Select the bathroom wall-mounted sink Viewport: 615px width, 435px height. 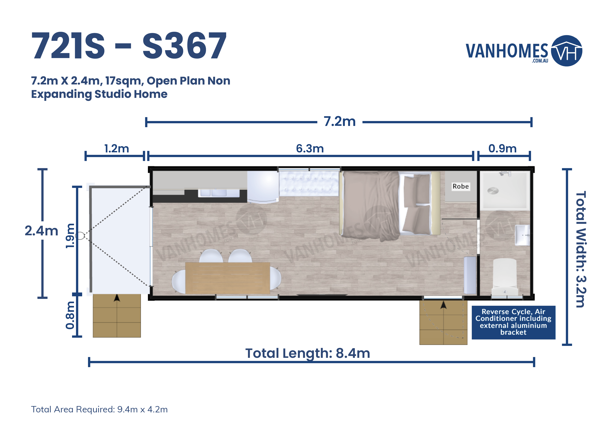pos(522,235)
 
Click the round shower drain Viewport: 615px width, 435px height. pos(493,191)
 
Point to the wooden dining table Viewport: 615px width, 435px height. pos(227,278)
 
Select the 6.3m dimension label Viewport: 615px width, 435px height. pos(310,149)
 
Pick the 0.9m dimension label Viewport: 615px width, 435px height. pos(502,149)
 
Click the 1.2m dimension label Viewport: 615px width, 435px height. pos(117,149)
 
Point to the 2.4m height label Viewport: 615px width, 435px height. pos(42,231)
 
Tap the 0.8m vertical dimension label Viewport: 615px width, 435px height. pos(70,315)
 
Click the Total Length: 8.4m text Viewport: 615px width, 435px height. pos(308,353)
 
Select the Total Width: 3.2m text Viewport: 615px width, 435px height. pos(581,249)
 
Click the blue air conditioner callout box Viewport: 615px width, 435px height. pos(513,322)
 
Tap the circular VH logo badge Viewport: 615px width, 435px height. pos(566,51)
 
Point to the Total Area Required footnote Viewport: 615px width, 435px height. pos(99,410)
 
